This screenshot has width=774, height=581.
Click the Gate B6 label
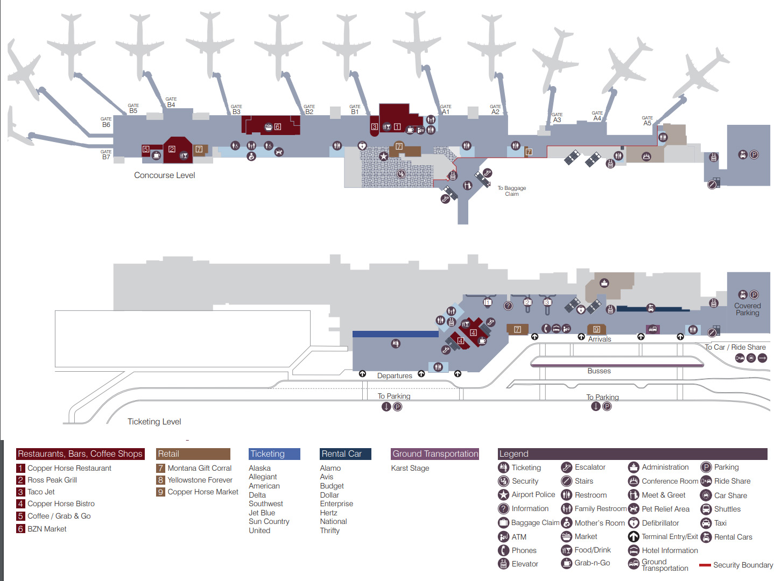coord(106,123)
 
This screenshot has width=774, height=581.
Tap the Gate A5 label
coord(647,121)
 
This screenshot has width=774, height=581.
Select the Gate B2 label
coord(309,110)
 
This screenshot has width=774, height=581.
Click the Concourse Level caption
coord(164,175)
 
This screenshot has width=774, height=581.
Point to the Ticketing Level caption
coord(154,422)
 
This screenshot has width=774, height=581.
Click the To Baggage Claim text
coord(511,191)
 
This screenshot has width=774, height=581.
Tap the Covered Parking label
coord(747,309)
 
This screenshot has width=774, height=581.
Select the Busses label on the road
coord(599,371)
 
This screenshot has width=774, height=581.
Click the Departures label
coord(394,376)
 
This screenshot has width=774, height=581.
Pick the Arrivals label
coord(599,339)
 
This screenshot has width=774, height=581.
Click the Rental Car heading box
coord(345,454)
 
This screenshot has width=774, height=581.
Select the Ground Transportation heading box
coord(435,454)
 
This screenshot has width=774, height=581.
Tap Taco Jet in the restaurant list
coord(41,492)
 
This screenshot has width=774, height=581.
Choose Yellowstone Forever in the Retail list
coord(200,480)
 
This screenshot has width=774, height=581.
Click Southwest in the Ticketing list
coord(265,504)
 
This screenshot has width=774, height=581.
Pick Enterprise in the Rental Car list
coord(336,504)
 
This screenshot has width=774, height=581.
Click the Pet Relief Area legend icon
coord(634,509)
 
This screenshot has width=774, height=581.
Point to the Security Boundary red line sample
coord(705,565)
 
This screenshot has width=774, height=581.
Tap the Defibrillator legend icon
coord(634,523)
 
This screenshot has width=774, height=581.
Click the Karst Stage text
coord(410,469)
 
